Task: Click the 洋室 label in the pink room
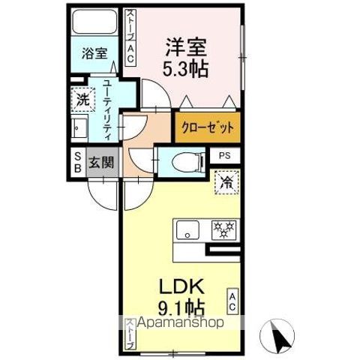pyautogui.click(x=186, y=47)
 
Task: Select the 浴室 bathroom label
pyautogui.click(x=94, y=53)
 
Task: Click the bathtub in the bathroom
pyautogui.click(x=95, y=22)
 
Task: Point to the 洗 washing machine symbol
pyautogui.click(x=83, y=100)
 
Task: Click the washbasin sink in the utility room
pyautogui.click(x=79, y=128)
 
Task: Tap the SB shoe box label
pyautogui.click(x=78, y=163)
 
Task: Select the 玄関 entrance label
pyautogui.click(x=101, y=163)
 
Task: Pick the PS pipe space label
pyautogui.click(x=224, y=156)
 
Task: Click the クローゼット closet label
pyautogui.click(x=208, y=127)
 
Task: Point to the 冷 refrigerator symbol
pyautogui.click(x=226, y=182)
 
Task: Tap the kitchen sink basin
pyautogui.click(x=187, y=230)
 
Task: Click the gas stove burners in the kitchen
pyautogui.click(x=223, y=230)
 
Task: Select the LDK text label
pyautogui.click(x=181, y=286)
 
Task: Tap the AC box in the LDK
pyautogui.click(x=232, y=301)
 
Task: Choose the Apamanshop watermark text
pyautogui.click(x=180, y=322)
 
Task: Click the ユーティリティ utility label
pyautogui.click(x=107, y=109)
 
